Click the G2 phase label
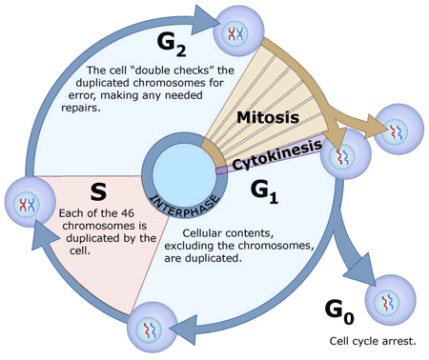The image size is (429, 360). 172,45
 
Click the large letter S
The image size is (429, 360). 98,191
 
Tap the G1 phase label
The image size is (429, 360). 264,191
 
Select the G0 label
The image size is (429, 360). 339,311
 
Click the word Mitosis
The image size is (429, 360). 268,117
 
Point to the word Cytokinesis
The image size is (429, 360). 277,154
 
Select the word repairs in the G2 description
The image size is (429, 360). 81,108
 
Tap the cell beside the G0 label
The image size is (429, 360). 390,300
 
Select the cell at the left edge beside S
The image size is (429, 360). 30,202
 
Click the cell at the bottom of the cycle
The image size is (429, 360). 153,327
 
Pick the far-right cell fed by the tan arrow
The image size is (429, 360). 398,130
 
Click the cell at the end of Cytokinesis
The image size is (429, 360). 346,154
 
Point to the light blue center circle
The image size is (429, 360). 184,175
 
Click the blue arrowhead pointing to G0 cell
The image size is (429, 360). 359,270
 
